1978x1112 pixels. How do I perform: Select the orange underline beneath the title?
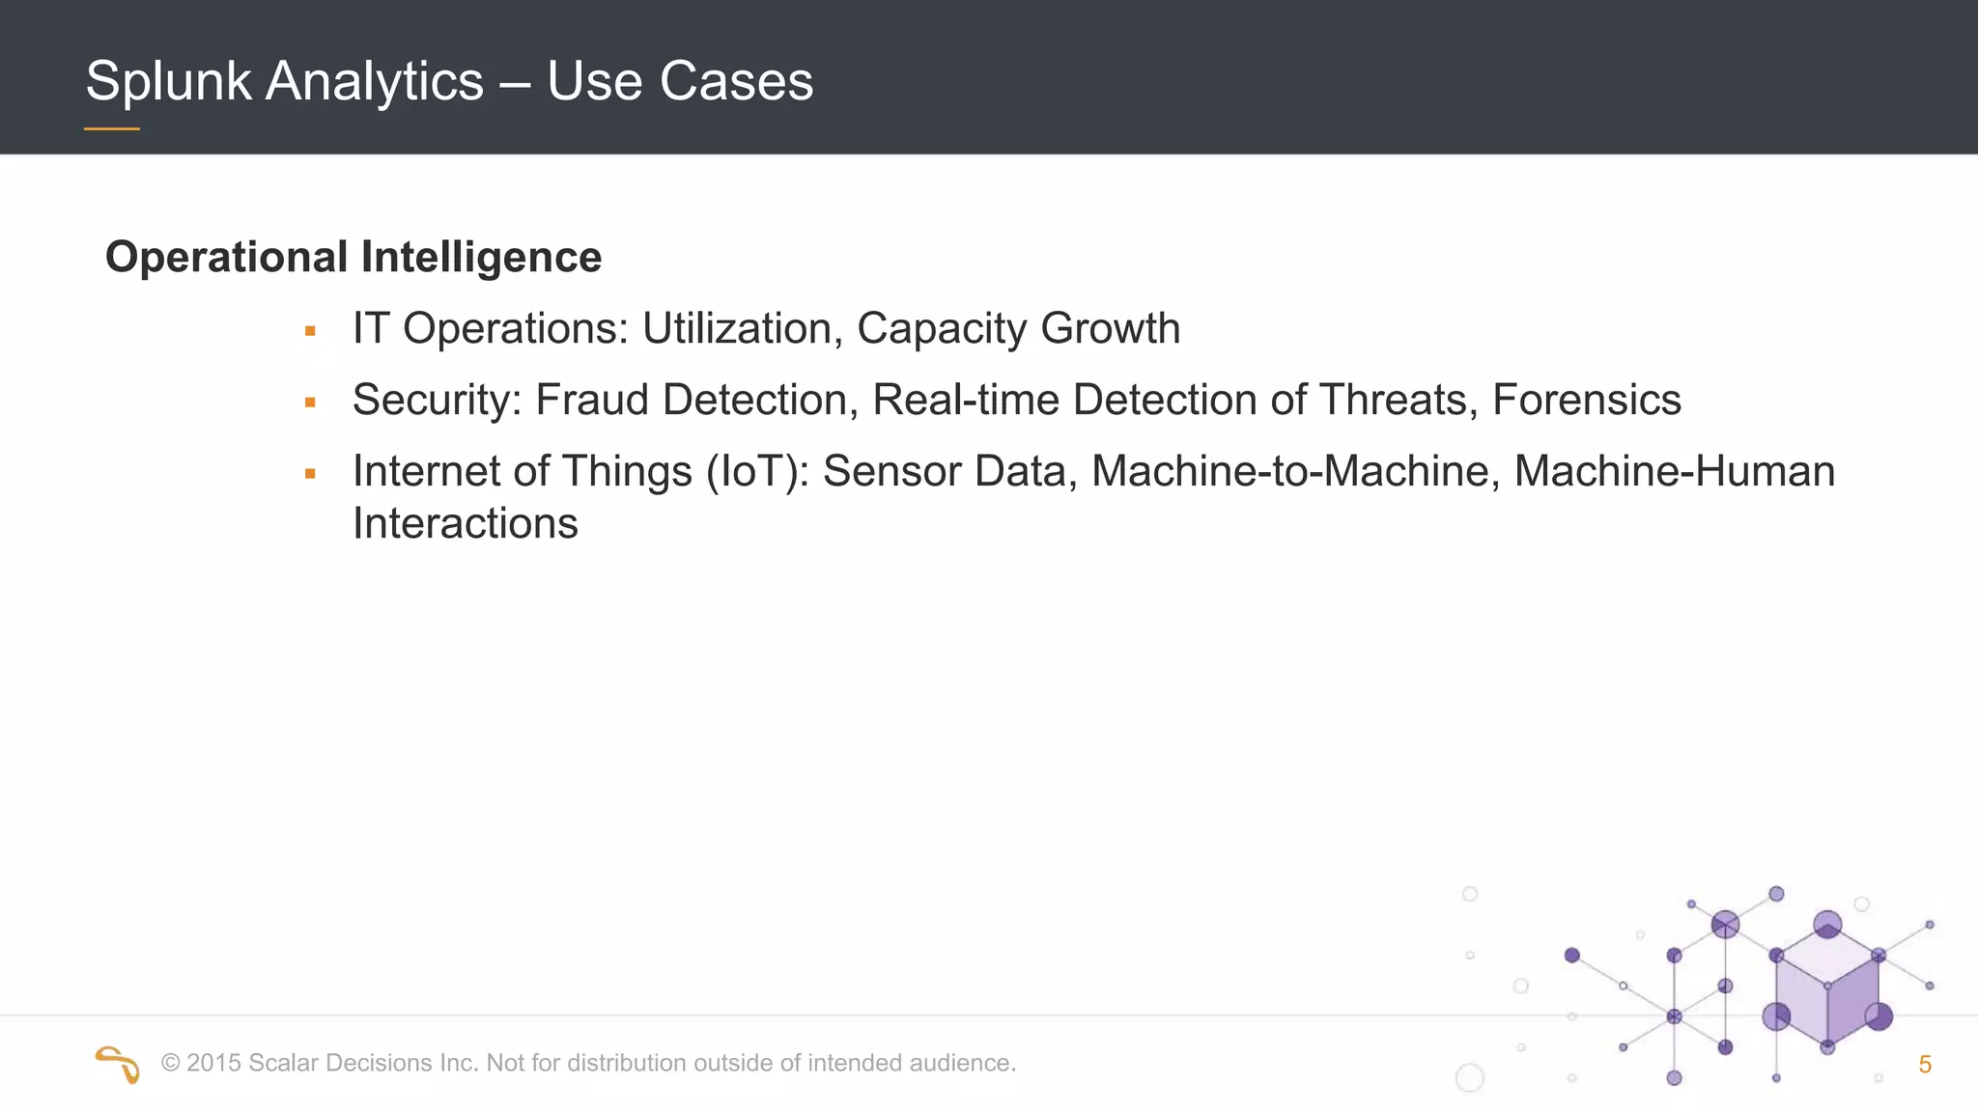[x=112, y=128]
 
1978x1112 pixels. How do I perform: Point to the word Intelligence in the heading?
[x=481, y=258]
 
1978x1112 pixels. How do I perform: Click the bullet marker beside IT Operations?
[x=310, y=331]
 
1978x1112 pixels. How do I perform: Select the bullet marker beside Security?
[x=310, y=403]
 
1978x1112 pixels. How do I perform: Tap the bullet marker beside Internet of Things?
[x=310, y=474]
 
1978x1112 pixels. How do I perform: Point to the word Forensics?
[x=1586, y=401]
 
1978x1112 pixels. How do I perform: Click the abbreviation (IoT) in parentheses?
[x=757, y=472]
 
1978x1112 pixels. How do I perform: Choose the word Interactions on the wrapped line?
[x=465, y=524]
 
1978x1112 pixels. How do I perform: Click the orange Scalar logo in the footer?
[x=118, y=1064]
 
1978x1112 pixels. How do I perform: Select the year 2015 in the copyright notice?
[x=213, y=1064]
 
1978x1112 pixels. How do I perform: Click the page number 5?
[x=1924, y=1066]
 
